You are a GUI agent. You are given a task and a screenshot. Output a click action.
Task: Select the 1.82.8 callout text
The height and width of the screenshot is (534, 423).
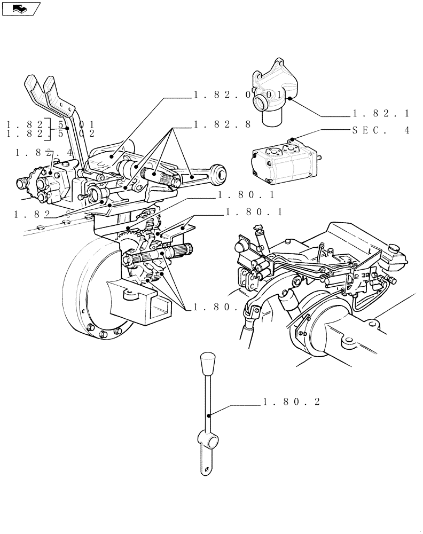tap(222, 125)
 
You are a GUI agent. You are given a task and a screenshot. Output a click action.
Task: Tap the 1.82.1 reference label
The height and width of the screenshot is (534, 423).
tap(380, 114)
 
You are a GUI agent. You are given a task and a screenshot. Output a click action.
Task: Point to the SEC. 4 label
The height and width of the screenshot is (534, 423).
tap(380, 130)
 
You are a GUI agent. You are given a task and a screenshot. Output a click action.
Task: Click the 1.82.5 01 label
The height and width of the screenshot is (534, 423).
tap(50, 124)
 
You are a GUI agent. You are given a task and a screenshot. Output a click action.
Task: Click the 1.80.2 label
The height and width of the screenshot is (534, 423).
tap(291, 403)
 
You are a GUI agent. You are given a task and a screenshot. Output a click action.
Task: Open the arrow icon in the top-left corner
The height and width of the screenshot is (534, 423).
tap(21, 8)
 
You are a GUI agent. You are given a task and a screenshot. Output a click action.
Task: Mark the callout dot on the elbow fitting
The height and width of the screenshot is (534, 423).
tap(288, 99)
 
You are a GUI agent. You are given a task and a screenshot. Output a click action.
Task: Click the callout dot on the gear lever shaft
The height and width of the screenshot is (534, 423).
tap(210, 414)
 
